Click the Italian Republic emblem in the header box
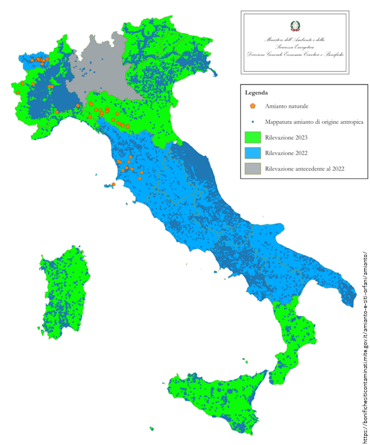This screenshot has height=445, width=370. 295,25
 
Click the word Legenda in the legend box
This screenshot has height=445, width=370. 256,92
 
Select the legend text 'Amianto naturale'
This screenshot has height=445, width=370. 286,107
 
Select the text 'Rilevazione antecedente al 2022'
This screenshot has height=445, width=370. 308,169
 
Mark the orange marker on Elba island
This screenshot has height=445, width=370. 114,184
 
